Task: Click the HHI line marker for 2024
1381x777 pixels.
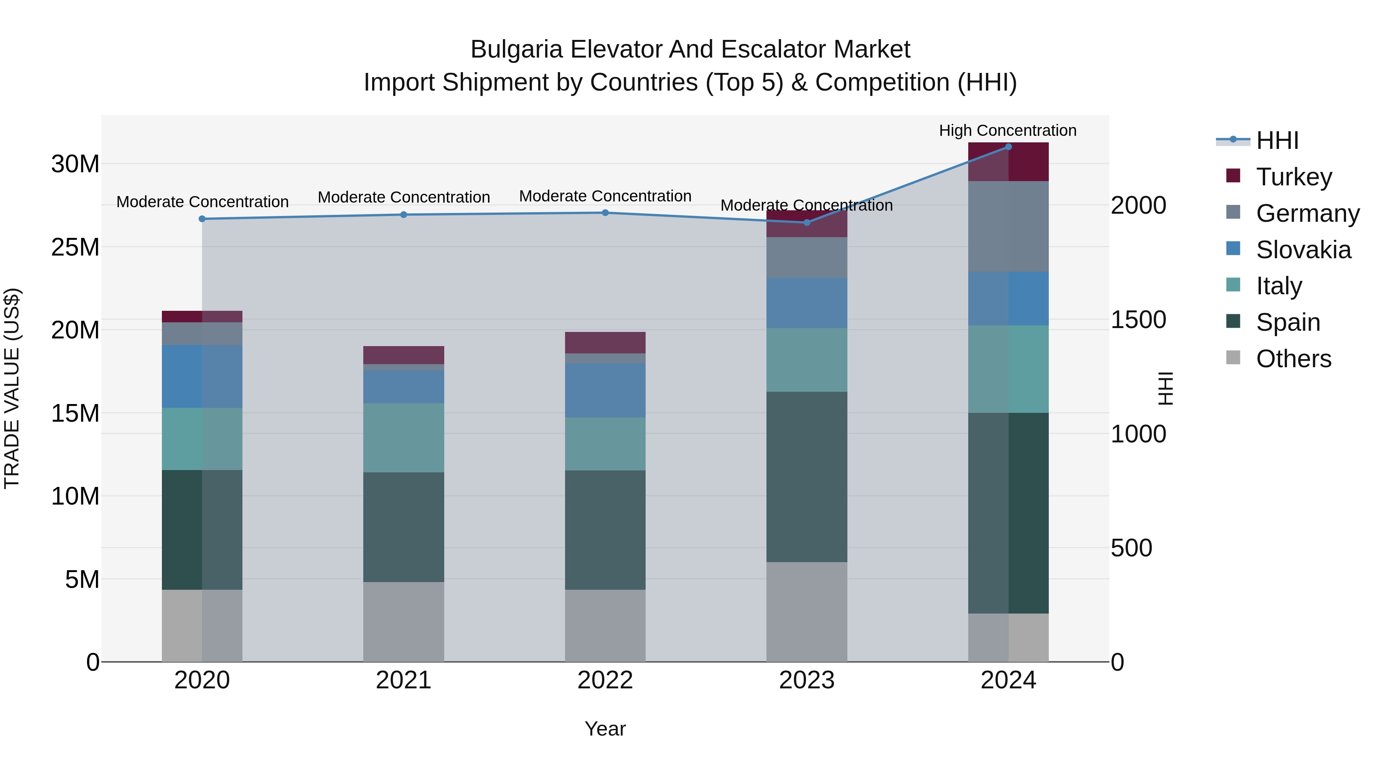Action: pyautogui.click(x=1008, y=147)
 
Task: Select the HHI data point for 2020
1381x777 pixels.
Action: pyautogui.click(x=202, y=219)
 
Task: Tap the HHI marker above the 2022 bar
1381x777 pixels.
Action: pyautogui.click(x=605, y=213)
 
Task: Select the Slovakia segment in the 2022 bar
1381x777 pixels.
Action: pyautogui.click(x=605, y=390)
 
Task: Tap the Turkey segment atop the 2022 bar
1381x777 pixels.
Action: pyautogui.click(x=605, y=342)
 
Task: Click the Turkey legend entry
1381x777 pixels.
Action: pyautogui.click(x=1293, y=177)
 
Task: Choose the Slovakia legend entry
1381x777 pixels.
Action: pyautogui.click(x=1303, y=249)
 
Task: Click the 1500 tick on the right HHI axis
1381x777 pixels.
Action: pyautogui.click(x=1138, y=320)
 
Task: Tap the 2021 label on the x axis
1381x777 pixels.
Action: pyautogui.click(x=403, y=680)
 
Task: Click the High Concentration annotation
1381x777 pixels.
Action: pyautogui.click(x=1007, y=130)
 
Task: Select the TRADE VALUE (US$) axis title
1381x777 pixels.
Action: pyautogui.click(x=12, y=388)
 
